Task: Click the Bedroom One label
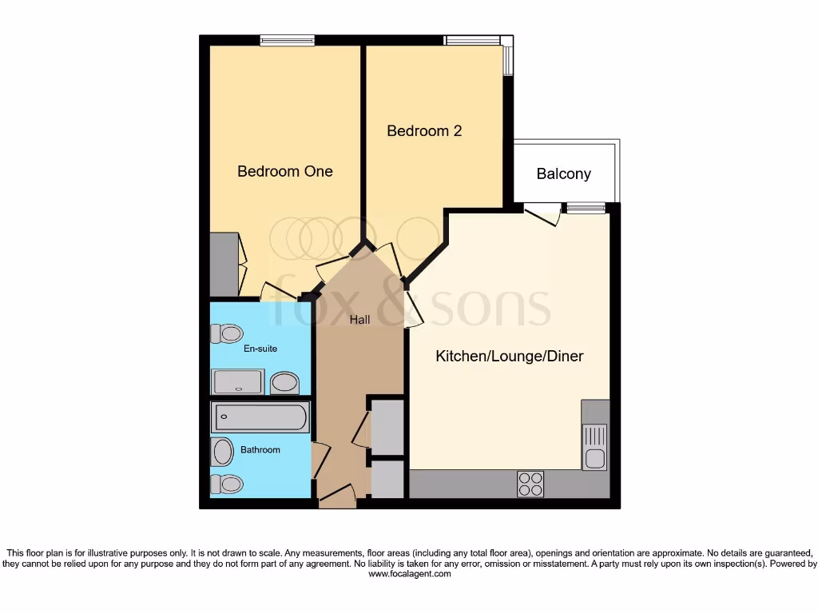pos(284,171)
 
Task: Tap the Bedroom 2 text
pos(424,131)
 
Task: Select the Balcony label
pos(563,173)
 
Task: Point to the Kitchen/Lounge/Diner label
pos(509,356)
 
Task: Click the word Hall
pos(359,320)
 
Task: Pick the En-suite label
pos(260,349)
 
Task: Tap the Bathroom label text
pos(260,450)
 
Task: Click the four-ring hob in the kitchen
pos(530,484)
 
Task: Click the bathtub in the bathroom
pos(260,417)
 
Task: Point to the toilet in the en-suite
pos(227,333)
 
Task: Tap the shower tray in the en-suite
pos(237,381)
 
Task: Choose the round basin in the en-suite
pos(284,382)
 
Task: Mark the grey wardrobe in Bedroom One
pos(224,264)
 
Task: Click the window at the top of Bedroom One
pos(287,41)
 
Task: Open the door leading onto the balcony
pos(542,214)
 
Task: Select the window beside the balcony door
pos(586,209)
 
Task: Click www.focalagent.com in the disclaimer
pos(409,573)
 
